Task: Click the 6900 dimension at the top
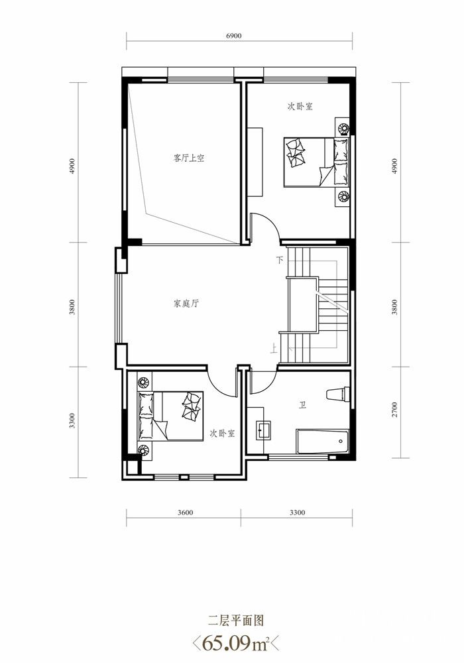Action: pos(234,36)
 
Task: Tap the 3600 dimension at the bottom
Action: pos(185,512)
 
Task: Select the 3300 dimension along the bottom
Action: pos(297,512)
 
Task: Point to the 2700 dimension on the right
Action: pos(394,409)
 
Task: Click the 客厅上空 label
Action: pos(189,158)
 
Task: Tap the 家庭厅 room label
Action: pos(186,304)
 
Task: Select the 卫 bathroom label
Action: pos(302,406)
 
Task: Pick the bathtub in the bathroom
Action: pos(322,442)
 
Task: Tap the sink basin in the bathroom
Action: pos(264,430)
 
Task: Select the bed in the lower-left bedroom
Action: pos(170,416)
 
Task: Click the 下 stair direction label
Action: pos(280,260)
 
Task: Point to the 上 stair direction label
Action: pos(274,348)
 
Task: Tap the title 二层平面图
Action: pos(236,621)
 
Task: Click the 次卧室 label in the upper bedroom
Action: pos(300,107)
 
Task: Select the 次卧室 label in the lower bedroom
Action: pos(222,434)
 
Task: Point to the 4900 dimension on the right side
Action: pos(394,166)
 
